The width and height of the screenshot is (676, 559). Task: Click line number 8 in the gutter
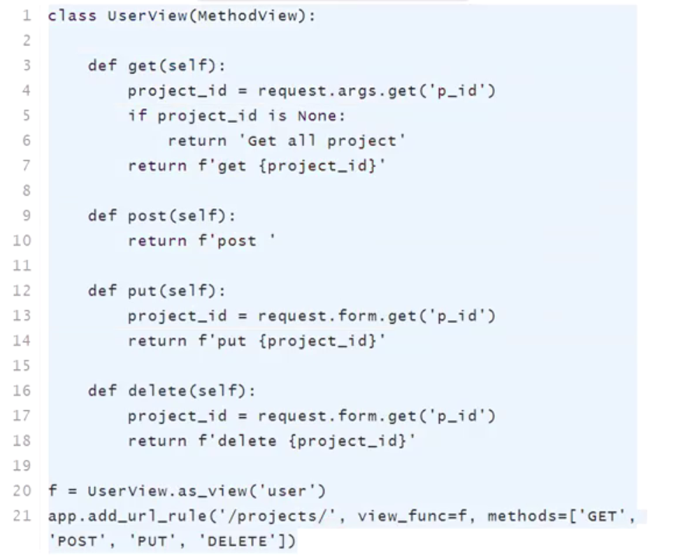coord(26,190)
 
